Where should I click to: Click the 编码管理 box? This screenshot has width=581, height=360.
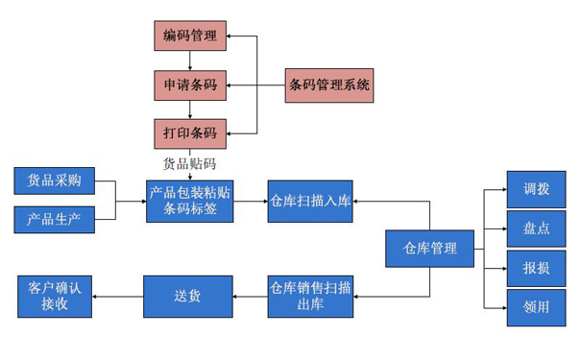(x=190, y=36)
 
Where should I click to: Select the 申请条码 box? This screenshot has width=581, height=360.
(x=190, y=85)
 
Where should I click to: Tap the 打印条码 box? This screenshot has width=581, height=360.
(x=190, y=132)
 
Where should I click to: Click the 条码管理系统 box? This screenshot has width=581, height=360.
(x=329, y=85)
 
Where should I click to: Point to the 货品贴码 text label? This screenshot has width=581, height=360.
(x=190, y=163)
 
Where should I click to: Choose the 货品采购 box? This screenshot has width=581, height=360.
(x=55, y=180)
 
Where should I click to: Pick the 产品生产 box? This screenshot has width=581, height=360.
(x=55, y=220)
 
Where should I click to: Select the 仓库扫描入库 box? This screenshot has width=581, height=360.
(x=310, y=201)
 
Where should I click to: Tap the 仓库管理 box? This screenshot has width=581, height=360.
(x=428, y=250)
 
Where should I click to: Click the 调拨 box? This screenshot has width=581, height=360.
(x=536, y=189)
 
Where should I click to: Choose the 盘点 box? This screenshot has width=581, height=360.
(x=536, y=228)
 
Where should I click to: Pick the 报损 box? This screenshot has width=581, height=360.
(x=536, y=268)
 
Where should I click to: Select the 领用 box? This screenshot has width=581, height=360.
(x=536, y=308)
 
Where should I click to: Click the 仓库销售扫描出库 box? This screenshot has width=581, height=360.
(x=310, y=296)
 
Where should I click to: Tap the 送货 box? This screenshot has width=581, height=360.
(x=188, y=296)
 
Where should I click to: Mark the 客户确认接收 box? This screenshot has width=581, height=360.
(x=55, y=296)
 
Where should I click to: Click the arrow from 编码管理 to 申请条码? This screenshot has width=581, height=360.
(x=190, y=61)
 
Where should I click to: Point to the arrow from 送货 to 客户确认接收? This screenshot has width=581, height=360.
(x=118, y=296)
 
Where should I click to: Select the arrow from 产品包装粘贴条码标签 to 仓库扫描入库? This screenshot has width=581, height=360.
(x=252, y=201)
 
